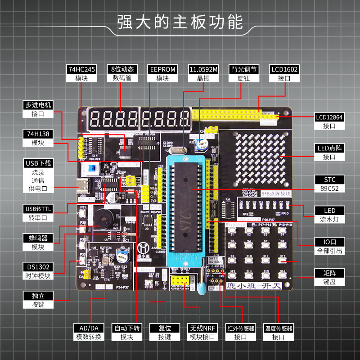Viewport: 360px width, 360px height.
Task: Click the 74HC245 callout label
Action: pyautogui.click(x=81, y=74)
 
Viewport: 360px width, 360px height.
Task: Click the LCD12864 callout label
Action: pyautogui.click(x=329, y=121)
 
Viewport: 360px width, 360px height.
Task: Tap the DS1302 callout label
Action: pyautogui.click(x=38, y=271)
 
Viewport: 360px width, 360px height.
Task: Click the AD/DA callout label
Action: pyautogui.click(x=89, y=333)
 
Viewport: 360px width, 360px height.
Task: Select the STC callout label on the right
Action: pyautogui.click(x=329, y=184)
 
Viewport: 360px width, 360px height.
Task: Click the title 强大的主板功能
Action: pyautogui.click(x=180, y=22)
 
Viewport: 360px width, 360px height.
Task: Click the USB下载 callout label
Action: pyautogui.click(x=38, y=176)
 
